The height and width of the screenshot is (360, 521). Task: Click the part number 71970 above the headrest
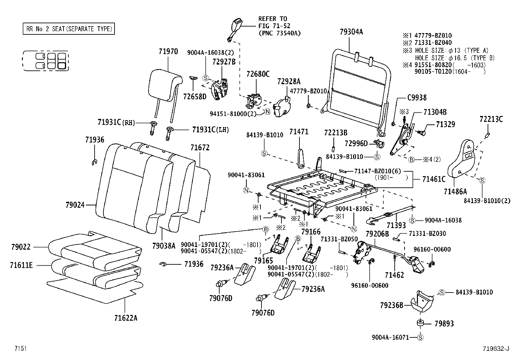(168, 51)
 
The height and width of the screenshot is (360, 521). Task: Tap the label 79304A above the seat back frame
(351, 32)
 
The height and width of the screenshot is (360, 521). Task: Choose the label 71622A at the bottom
(126, 318)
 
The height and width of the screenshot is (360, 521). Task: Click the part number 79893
(444, 324)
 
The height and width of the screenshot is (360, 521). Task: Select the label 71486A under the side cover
(455, 191)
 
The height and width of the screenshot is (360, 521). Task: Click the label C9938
(417, 98)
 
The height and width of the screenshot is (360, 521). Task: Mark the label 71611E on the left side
(21, 265)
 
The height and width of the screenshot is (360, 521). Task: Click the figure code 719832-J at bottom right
(496, 349)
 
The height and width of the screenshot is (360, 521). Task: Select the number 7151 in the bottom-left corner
(20, 349)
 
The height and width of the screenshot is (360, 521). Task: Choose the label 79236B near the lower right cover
(391, 305)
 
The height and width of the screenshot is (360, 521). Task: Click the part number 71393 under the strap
(396, 225)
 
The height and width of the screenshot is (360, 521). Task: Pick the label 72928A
(289, 81)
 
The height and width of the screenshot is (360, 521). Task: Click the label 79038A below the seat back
(164, 245)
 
